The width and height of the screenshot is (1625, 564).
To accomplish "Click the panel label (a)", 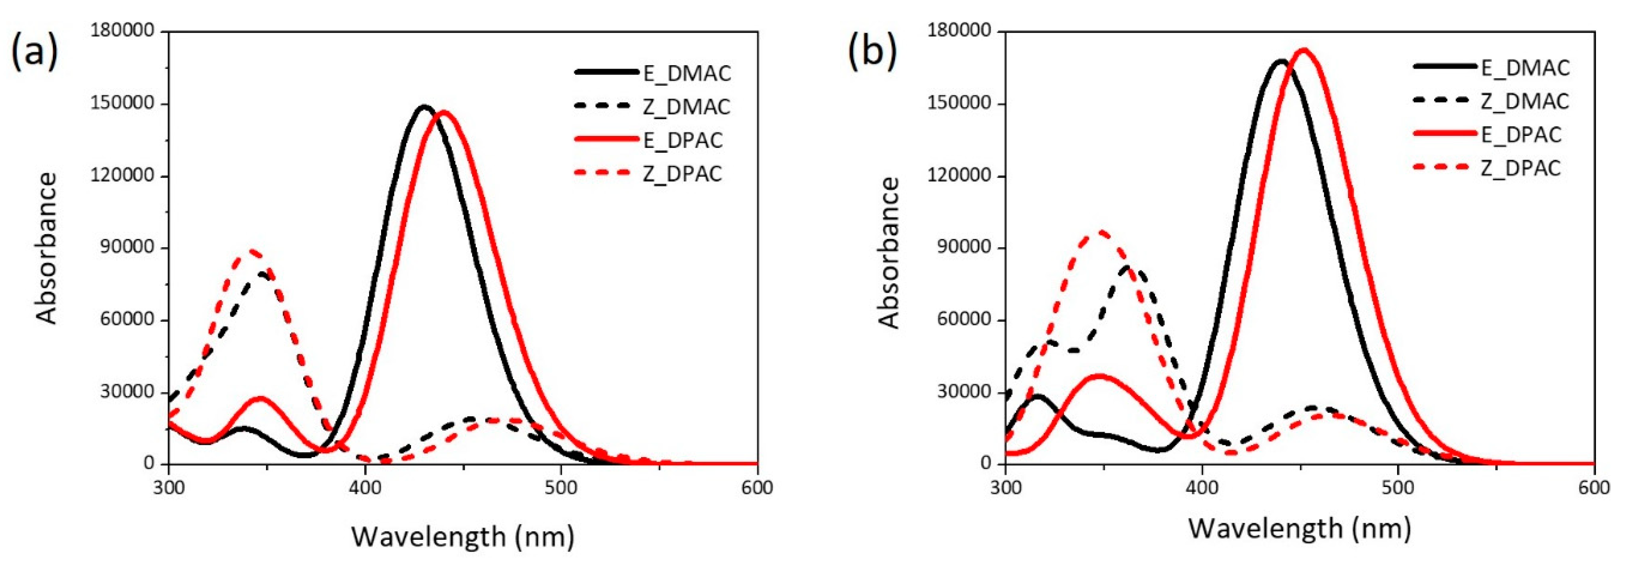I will [35, 52].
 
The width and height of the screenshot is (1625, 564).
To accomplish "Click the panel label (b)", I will [873, 52].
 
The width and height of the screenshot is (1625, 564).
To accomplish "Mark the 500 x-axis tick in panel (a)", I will [561, 488].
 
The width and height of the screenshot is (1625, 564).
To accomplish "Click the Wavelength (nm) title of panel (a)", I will [462, 537].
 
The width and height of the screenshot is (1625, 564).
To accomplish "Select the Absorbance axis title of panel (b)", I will [889, 253].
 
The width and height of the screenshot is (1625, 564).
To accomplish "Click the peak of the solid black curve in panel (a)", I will [424, 106].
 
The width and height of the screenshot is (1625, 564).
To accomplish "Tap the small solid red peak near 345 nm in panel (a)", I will [259, 399].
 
